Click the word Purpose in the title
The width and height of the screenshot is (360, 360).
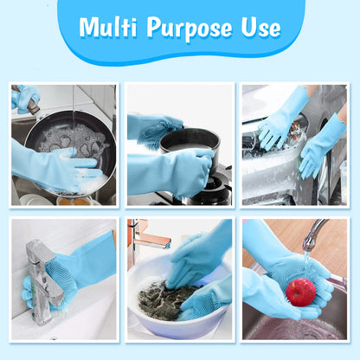click(191, 28)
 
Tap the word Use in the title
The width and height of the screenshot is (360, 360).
click(260, 28)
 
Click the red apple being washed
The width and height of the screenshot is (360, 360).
click(301, 292)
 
